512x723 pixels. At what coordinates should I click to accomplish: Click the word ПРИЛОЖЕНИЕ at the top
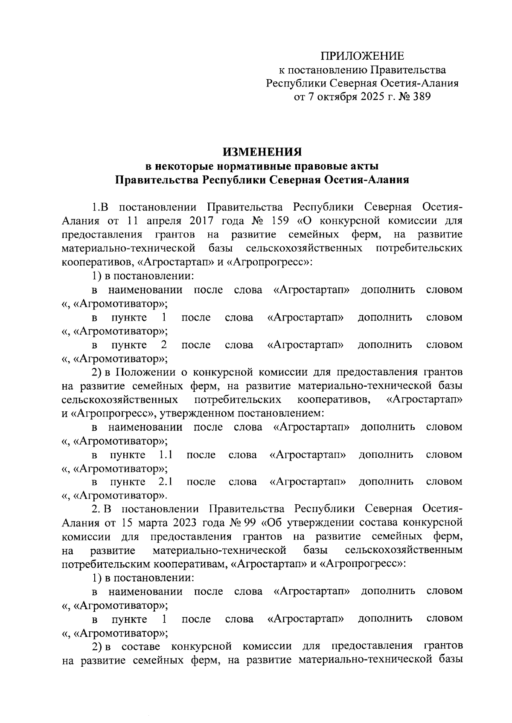tap(362, 56)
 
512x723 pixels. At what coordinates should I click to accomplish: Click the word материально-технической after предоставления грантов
tap(128, 248)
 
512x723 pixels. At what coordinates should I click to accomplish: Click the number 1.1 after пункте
tap(165, 454)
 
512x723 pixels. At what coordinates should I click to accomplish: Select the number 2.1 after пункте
tap(165, 482)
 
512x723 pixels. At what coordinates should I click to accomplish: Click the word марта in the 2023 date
tap(159, 523)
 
